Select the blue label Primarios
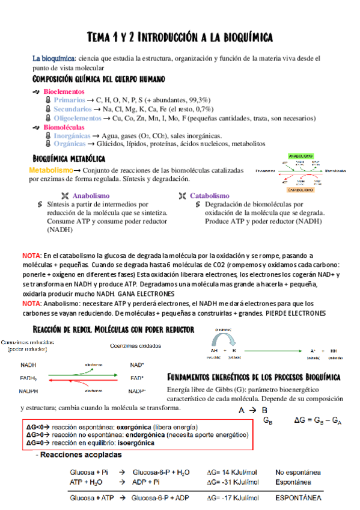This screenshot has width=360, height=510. coord(69,100)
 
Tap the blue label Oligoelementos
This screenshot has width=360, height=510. coord(78,118)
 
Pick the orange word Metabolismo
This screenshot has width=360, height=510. coord(50,171)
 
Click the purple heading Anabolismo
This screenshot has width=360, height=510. coord(91,195)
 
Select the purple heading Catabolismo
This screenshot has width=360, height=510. coord(210,195)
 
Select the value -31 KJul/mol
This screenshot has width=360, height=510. coord(234,482)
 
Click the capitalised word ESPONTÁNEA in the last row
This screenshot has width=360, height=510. coord(298,498)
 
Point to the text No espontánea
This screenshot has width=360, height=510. coord(298,472)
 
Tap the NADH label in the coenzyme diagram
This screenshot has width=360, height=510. coord(28,365)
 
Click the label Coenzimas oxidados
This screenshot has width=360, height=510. coord(135,345)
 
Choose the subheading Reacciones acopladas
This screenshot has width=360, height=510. coord(79,455)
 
